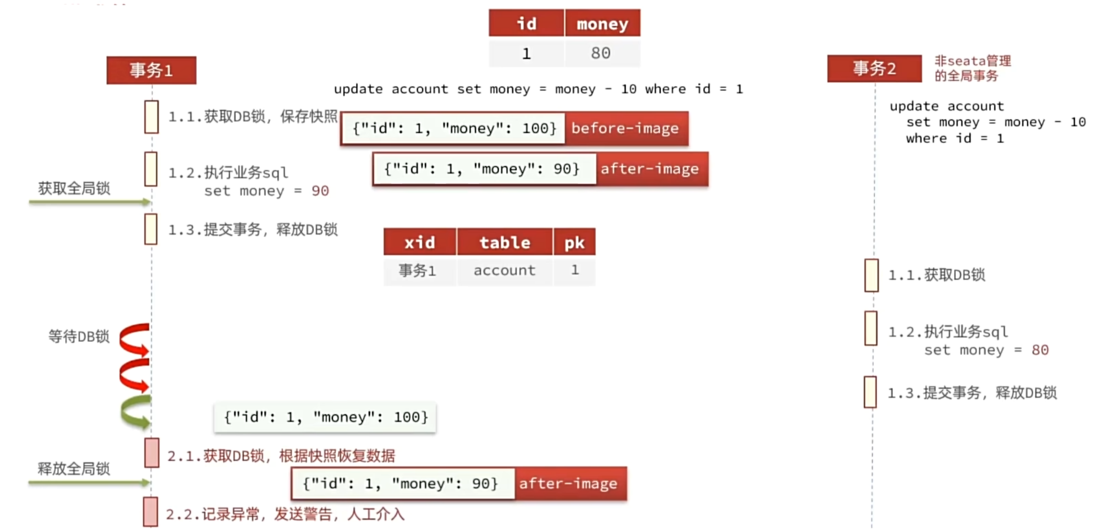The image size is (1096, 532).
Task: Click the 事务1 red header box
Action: coord(151,70)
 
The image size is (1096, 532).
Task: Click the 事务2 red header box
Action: coord(874,69)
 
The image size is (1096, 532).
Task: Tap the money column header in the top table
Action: coord(602,23)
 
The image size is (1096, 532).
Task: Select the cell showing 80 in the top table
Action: coord(602,53)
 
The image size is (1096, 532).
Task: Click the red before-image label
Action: coord(626,128)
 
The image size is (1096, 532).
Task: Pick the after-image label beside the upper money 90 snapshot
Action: coord(651,168)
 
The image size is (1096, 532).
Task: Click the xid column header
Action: coord(420,242)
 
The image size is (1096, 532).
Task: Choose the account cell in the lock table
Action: coord(504,270)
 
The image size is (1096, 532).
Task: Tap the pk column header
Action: coord(574,242)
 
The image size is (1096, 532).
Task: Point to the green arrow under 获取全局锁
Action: coord(89,202)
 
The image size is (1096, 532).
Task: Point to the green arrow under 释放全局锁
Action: coord(89,482)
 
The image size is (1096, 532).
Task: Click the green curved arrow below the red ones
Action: coord(135,412)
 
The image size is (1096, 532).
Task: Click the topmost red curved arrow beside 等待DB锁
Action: coord(134,338)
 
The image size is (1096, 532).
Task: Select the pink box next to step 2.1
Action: coord(152,452)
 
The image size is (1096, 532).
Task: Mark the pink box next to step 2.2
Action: coord(151,512)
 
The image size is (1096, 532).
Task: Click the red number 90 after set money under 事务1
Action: coord(320,191)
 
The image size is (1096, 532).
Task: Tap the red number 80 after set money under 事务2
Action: coord(1040,350)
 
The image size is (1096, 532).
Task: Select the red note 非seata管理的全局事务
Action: coord(973,69)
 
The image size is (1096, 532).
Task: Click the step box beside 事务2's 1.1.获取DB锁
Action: coord(871,275)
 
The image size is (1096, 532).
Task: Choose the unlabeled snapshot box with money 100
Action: coord(325,417)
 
